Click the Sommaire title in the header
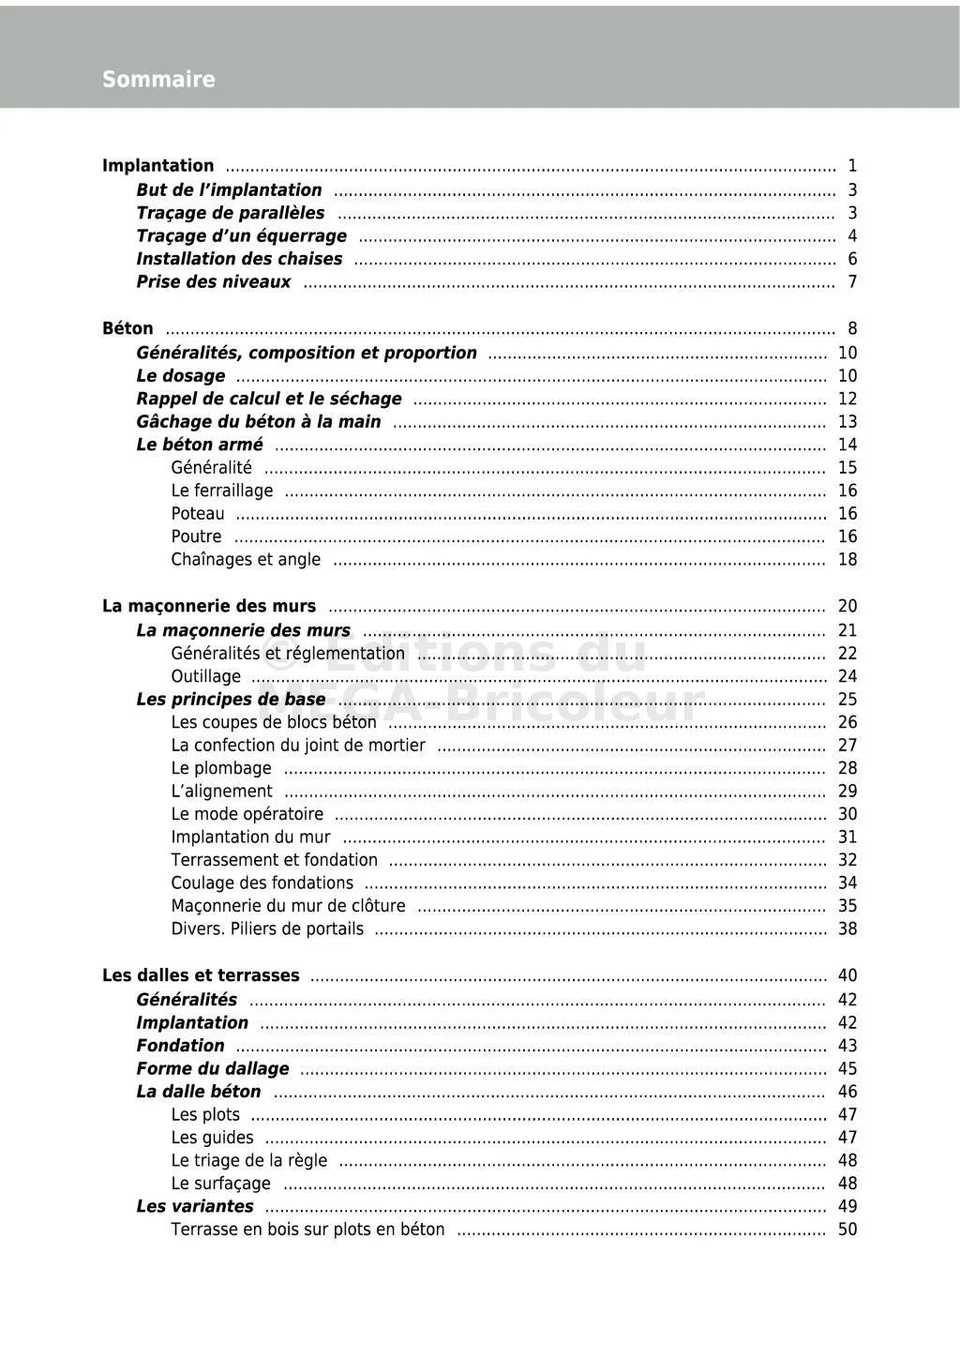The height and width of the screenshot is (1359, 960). pyautogui.click(x=158, y=80)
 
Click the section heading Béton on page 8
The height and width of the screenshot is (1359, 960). pyautogui.click(x=127, y=328)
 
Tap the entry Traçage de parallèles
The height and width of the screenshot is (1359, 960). pyautogui.click(x=231, y=213)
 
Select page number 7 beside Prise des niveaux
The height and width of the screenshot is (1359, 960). pyautogui.click(x=851, y=281)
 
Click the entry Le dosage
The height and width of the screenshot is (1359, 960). pyautogui.click(x=181, y=376)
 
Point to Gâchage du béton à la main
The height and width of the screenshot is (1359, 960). pyautogui.click(x=259, y=422)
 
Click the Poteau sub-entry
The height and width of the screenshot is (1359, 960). pyautogui.click(x=198, y=514)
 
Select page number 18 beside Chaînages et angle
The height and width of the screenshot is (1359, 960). pyautogui.click(x=847, y=560)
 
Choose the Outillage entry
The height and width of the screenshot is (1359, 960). pyautogui.click(x=205, y=676)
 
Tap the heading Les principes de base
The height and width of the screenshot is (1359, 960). pyautogui.click(x=232, y=700)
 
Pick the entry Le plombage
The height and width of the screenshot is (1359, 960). pyautogui.click(x=221, y=768)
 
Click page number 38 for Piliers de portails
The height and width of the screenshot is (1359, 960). pyautogui.click(x=847, y=929)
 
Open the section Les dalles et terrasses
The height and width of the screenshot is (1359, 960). pyautogui.click(x=201, y=975)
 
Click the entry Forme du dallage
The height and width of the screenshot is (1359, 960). pyautogui.click(x=213, y=1068)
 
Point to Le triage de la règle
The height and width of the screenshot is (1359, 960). pyautogui.click(x=249, y=1160)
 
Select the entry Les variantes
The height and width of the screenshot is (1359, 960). pyautogui.click(x=195, y=1206)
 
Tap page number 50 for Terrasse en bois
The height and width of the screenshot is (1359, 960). pyautogui.click(x=847, y=1230)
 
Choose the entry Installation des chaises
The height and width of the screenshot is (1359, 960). pyautogui.click(x=240, y=259)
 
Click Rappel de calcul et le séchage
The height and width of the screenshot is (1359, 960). pyautogui.click(x=269, y=399)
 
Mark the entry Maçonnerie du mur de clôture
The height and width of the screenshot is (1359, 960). pyautogui.click(x=289, y=906)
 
